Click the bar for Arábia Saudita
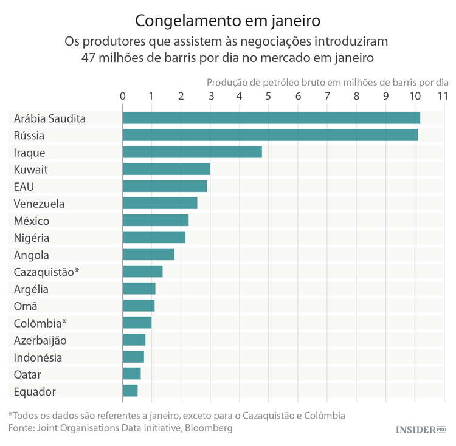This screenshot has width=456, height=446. tap(271, 118)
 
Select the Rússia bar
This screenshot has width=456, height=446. tap(270, 135)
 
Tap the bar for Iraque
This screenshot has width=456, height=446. tap(192, 152)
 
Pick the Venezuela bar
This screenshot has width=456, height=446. tap(160, 203)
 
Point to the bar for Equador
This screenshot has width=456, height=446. tap(130, 391)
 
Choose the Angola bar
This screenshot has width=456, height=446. tap(148, 255)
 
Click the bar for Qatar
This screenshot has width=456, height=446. tap(131, 374)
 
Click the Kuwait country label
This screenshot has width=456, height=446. tap(30, 169)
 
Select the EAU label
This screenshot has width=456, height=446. tap(24, 186)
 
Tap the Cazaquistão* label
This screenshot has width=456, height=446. tap(46, 272)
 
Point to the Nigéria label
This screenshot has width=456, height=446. tap(32, 238)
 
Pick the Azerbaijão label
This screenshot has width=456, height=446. tap(40, 340)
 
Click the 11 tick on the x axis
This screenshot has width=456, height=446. tap(442, 96)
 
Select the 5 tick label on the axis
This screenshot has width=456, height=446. tap(269, 96)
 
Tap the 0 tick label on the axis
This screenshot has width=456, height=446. tap(123, 96)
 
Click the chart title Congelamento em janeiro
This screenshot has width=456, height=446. tap(227, 21)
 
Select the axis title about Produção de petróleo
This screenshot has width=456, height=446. tap(327, 81)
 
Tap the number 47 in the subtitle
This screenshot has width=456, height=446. tap(90, 58)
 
